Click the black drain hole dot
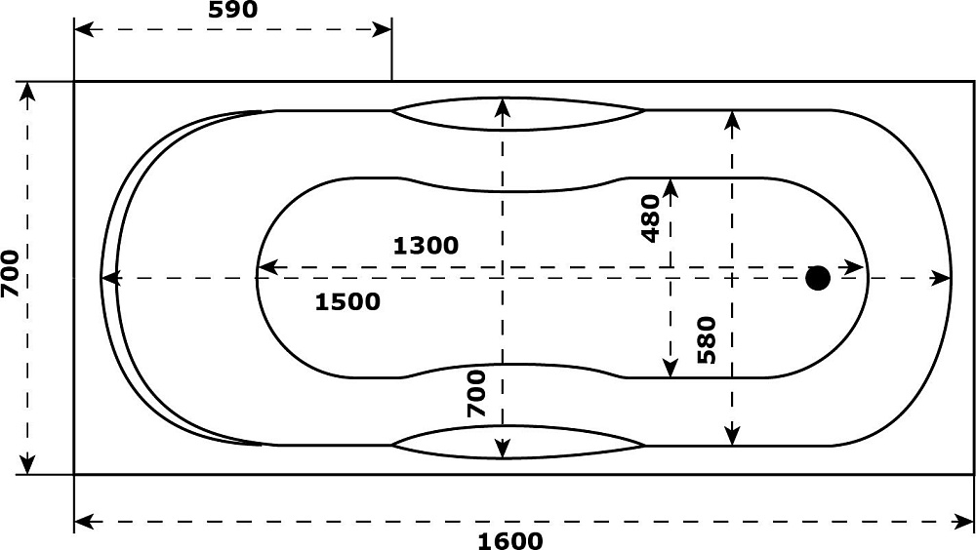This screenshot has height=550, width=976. [x=817, y=278]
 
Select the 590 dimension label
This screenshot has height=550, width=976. [x=232, y=10]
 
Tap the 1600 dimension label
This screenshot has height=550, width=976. [x=509, y=540]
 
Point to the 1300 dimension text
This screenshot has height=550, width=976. [x=426, y=246]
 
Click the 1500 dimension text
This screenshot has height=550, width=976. [x=347, y=301]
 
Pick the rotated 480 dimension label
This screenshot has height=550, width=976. [x=650, y=218]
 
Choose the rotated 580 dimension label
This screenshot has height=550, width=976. [x=707, y=339]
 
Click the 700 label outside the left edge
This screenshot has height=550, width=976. [x=10, y=273]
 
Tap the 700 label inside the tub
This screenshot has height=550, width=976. [x=476, y=393]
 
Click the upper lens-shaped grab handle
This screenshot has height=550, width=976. [x=518, y=114]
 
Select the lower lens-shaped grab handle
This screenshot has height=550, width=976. [x=518, y=443]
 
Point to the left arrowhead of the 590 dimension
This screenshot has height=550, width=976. [x=84, y=29]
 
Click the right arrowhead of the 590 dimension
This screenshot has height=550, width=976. [x=382, y=29]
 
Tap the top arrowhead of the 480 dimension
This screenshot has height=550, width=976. [x=671, y=188]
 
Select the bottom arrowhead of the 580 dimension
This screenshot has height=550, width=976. [x=733, y=436]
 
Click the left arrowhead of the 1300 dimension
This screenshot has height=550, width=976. [x=267, y=268]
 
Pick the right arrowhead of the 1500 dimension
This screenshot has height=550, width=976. [x=941, y=278]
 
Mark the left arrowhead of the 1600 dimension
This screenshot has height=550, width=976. [x=84, y=522]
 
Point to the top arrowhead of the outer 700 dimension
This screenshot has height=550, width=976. [x=27, y=92]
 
